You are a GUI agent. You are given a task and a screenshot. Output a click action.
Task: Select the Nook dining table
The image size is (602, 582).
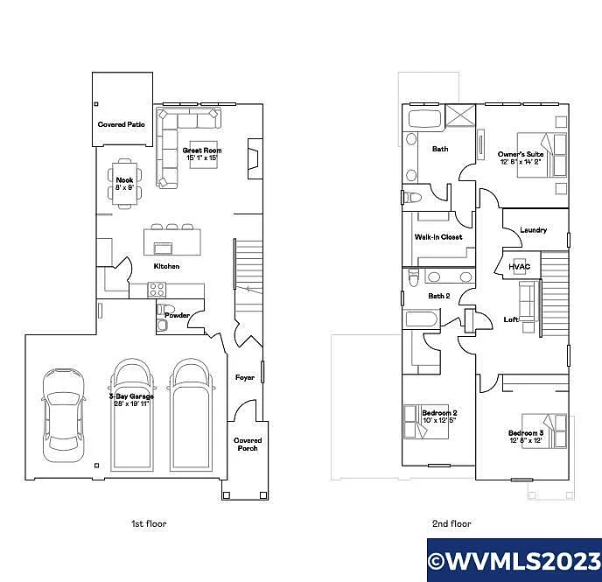(124, 185)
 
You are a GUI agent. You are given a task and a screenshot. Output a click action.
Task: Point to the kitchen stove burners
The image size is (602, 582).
(157, 290)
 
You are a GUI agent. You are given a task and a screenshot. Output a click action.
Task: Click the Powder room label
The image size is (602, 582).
(177, 316)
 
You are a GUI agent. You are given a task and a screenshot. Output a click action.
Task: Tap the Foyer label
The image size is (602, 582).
(244, 377)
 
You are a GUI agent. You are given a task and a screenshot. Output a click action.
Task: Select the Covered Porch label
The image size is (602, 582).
(248, 445)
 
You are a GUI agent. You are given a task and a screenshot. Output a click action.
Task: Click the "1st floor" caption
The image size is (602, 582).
(149, 523)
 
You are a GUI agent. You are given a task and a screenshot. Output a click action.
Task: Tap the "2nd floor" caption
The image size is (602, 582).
(451, 523)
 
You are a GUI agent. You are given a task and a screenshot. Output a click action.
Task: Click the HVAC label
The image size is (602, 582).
(520, 266)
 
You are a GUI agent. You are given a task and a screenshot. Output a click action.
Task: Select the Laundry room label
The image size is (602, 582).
(533, 230)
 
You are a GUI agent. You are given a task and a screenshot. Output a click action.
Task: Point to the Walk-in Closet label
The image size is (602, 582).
(438, 237)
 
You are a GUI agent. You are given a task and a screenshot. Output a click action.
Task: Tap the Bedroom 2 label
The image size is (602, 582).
(439, 416)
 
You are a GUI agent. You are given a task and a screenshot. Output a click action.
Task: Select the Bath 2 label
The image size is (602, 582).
(438, 296)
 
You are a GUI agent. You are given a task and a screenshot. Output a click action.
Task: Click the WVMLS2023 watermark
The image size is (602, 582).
(514, 559)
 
